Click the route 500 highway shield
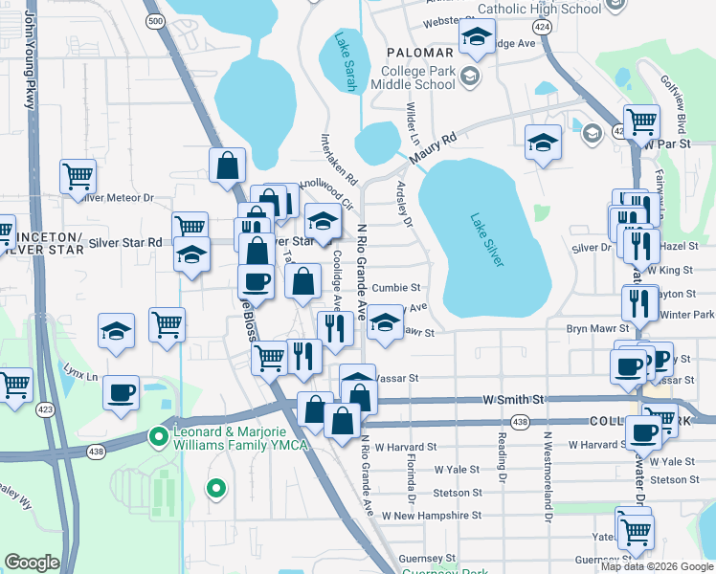pos(156,20)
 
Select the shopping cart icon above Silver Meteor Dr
pos(78,175)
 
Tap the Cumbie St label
pos(396,287)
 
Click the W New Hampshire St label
pos(432,515)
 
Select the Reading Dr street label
pos(501,454)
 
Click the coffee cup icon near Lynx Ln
pos(122,392)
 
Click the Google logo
pos(32,563)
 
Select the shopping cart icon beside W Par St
pos(641,121)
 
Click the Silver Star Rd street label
pos(125,243)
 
